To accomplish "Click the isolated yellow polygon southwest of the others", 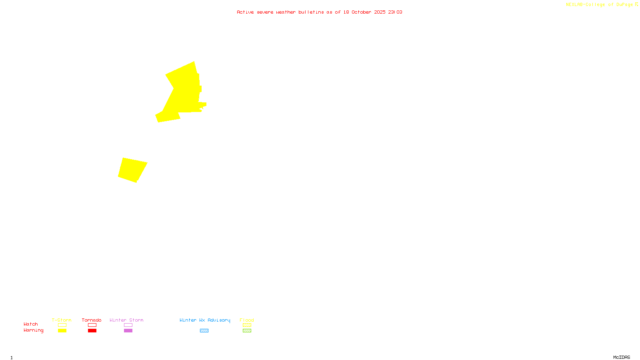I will pyautogui.click(x=132, y=170).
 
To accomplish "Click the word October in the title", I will pyautogui.click(x=361, y=12).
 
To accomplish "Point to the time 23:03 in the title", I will pyautogui.click(x=395, y=12).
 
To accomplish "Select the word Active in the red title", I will pyautogui.click(x=245, y=12).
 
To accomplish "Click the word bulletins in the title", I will pyautogui.click(x=311, y=12).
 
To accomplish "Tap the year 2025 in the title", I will pyautogui.click(x=380, y=12).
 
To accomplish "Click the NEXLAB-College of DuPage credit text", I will pyautogui.click(x=599, y=5).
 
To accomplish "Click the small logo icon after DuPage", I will pyautogui.click(x=637, y=4).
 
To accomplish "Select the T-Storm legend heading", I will pyautogui.click(x=62, y=320).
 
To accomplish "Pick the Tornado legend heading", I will pyautogui.click(x=92, y=320).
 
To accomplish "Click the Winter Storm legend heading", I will pyautogui.click(x=126, y=320).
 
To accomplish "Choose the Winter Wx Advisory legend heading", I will pyautogui.click(x=205, y=320).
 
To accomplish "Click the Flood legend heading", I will pyautogui.click(x=247, y=320).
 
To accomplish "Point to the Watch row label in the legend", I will pyautogui.click(x=31, y=324).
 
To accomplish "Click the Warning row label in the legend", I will pyautogui.click(x=34, y=330).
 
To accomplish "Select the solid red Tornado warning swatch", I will pyautogui.click(x=92, y=331).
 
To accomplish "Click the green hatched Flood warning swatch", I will pyautogui.click(x=247, y=331).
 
